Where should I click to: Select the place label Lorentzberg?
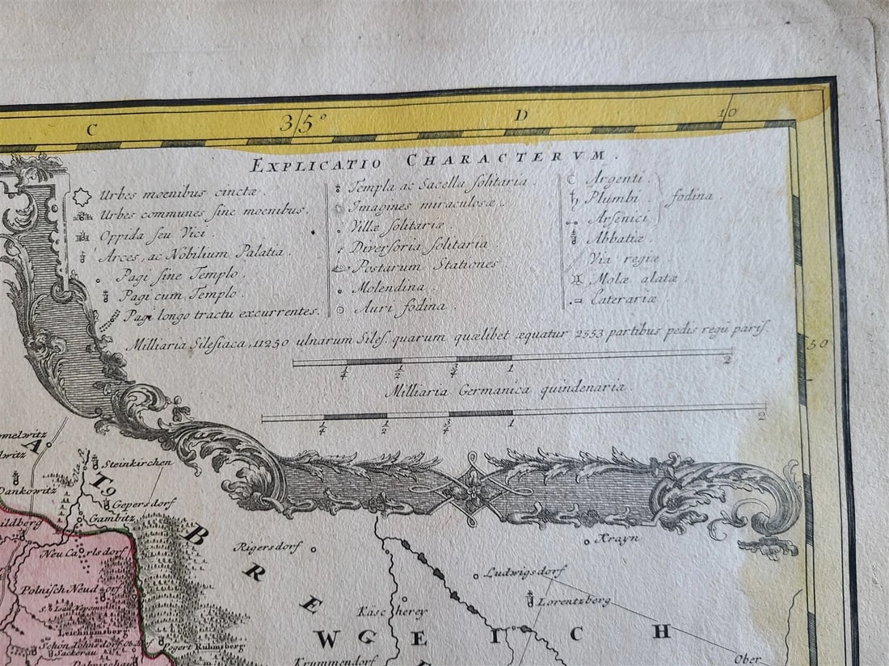tap(574, 601)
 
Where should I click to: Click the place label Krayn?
tap(619, 538)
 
